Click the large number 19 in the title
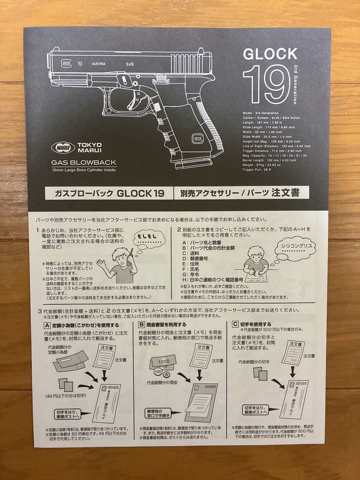click(x=266, y=84)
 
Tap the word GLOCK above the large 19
click(x=270, y=54)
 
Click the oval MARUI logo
click(x=63, y=148)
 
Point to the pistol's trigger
click(x=132, y=100)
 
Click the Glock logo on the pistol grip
click(x=197, y=139)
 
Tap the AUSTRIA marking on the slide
click(x=99, y=64)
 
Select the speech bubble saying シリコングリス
click(x=295, y=248)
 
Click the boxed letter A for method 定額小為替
click(x=47, y=325)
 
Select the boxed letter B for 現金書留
click(x=142, y=325)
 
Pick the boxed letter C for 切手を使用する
click(x=236, y=324)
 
